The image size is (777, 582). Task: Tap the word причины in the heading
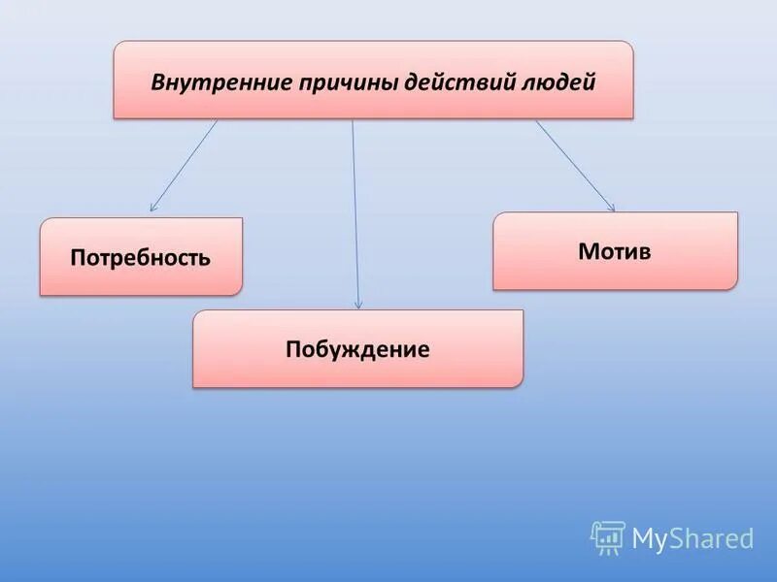(x=332, y=81)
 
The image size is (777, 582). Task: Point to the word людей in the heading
(x=558, y=81)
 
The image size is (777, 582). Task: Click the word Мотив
(x=615, y=252)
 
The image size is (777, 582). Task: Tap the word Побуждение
(x=357, y=349)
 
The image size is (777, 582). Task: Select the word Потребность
(x=141, y=258)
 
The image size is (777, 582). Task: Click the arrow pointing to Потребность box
(x=185, y=164)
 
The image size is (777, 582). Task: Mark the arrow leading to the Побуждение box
(x=355, y=213)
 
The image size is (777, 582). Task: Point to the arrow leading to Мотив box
(x=574, y=164)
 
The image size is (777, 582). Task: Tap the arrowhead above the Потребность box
(x=152, y=208)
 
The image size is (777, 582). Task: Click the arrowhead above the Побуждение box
(x=358, y=305)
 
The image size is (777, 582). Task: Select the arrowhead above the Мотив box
(x=611, y=207)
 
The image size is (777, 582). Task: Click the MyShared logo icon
(x=608, y=536)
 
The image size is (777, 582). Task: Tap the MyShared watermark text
(x=693, y=538)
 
